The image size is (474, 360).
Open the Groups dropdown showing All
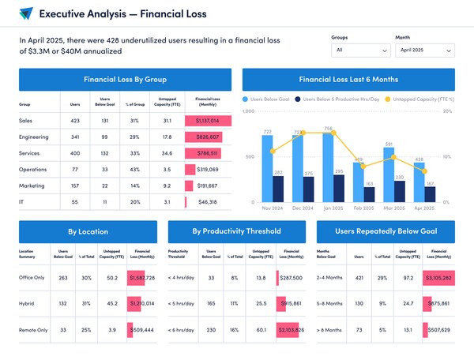point(361,50)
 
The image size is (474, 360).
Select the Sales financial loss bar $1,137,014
point(208,121)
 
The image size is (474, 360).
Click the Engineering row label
point(35,137)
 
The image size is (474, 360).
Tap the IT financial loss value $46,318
point(208,202)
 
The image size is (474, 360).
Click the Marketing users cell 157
point(75,186)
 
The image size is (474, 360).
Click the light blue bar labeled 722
point(268,166)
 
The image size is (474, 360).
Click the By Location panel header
point(88,232)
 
